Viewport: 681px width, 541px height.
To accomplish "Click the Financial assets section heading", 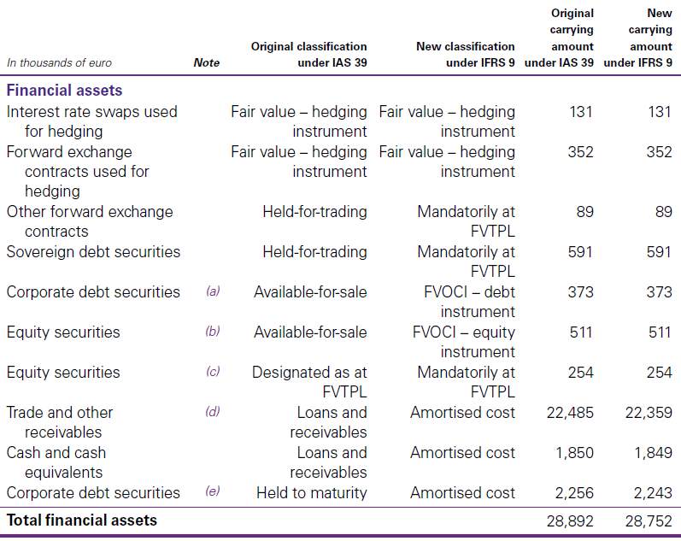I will pyautogui.click(x=64, y=90).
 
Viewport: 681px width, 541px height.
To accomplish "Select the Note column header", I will pyautogui.click(x=206, y=62).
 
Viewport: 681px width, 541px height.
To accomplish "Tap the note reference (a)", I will pyautogui.click(x=213, y=291).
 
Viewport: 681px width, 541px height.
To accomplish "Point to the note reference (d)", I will pyautogui.click(x=213, y=412).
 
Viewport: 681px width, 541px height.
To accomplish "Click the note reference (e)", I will pyautogui.click(x=213, y=492).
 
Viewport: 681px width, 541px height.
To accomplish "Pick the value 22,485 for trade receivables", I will pyautogui.click(x=569, y=413).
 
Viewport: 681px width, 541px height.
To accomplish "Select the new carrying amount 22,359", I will pyautogui.click(x=648, y=413).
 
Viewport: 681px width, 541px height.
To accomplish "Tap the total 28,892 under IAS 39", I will pyautogui.click(x=569, y=520).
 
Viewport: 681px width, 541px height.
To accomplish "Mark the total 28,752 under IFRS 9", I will pyautogui.click(x=648, y=520).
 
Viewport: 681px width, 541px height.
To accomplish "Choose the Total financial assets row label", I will pyautogui.click(x=82, y=519).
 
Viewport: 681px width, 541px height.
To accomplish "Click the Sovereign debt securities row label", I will pyautogui.click(x=93, y=251).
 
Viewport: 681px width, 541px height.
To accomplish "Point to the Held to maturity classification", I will pyautogui.click(x=311, y=493).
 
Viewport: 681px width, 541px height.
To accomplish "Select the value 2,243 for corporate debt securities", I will pyautogui.click(x=652, y=493).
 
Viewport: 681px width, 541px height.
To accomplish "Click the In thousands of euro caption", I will pyautogui.click(x=59, y=62).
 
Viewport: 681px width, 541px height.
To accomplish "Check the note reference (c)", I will pyautogui.click(x=213, y=372).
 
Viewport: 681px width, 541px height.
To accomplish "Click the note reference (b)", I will pyautogui.click(x=213, y=332).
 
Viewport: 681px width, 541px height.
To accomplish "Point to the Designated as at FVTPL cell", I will pyautogui.click(x=309, y=382).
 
